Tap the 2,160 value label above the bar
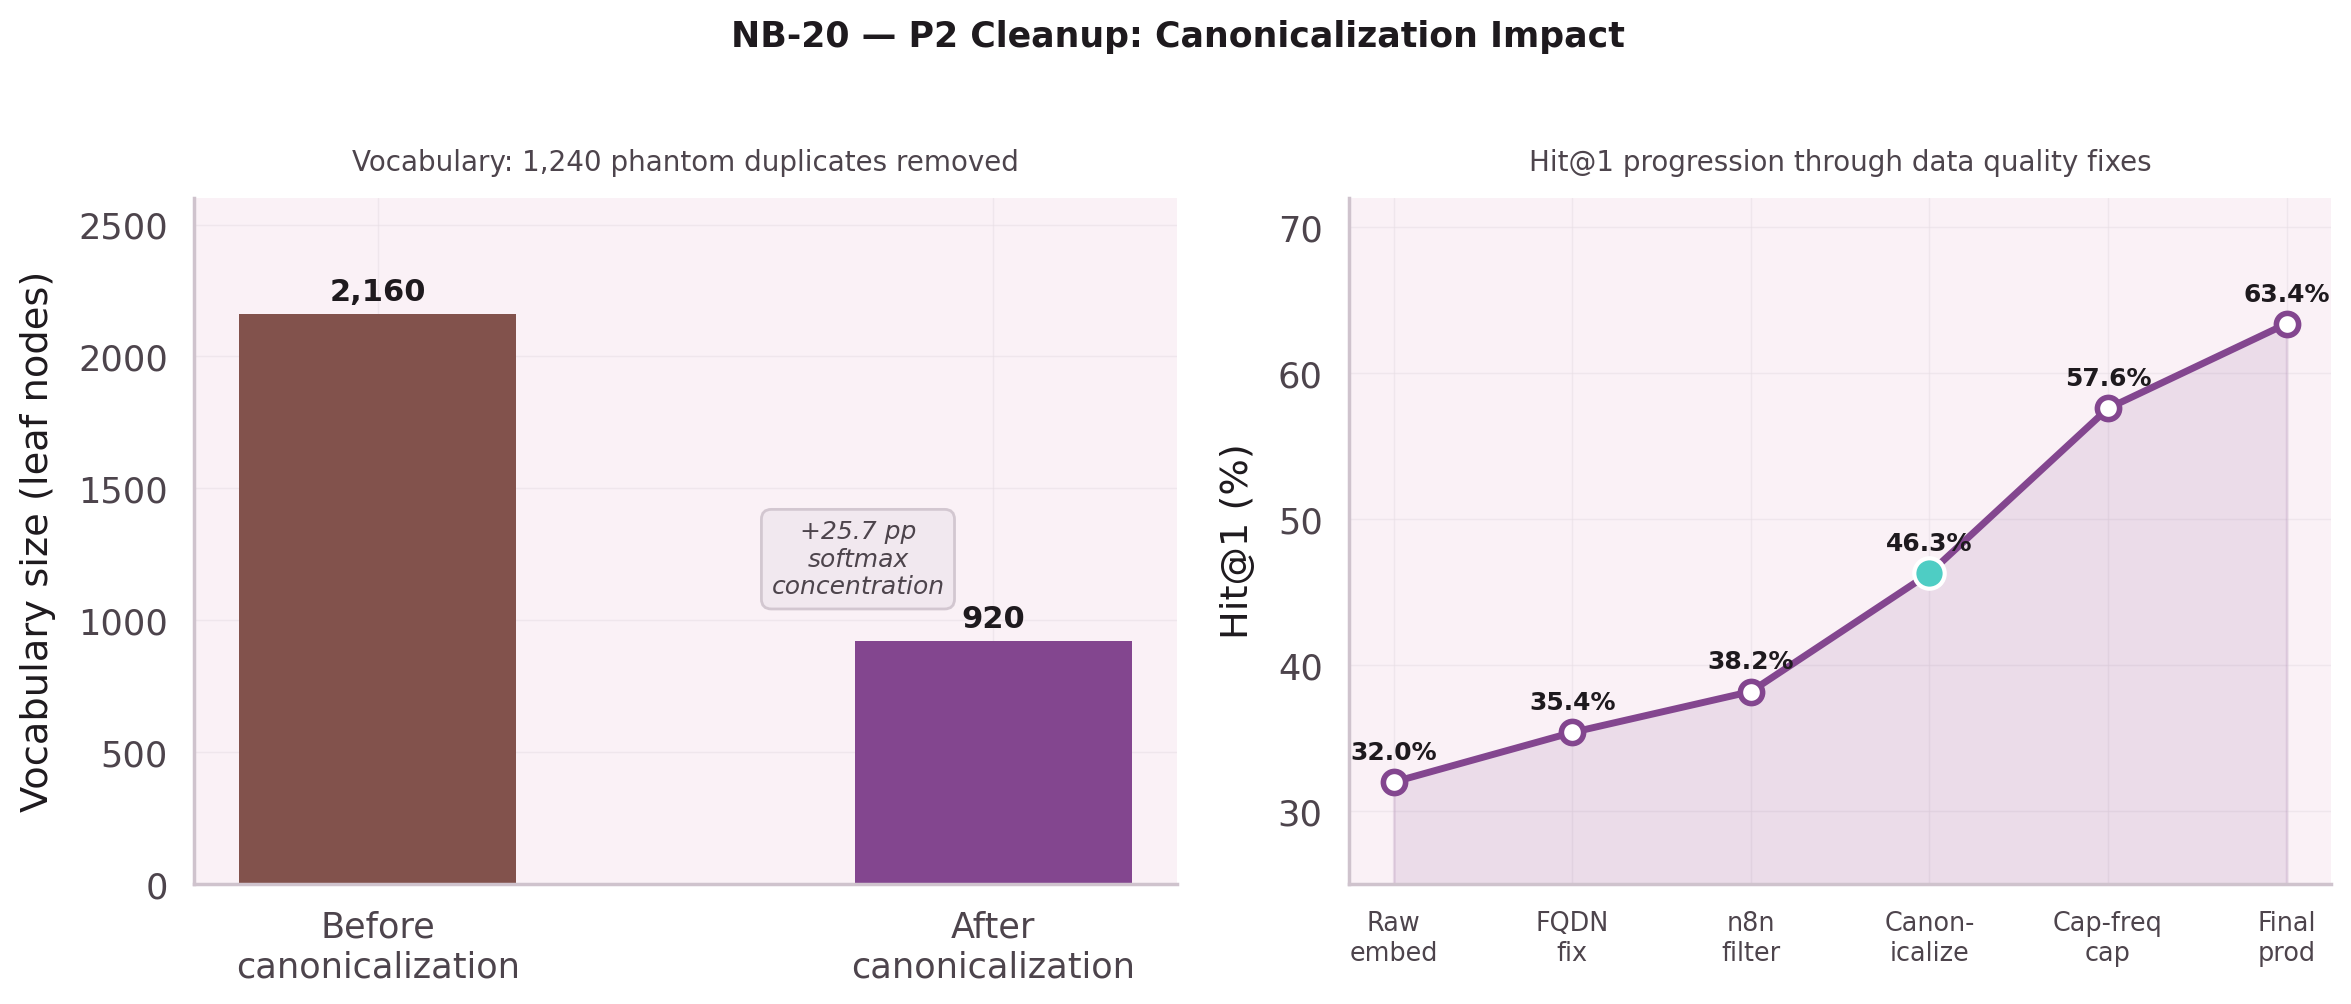(377, 291)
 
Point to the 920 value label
(992, 618)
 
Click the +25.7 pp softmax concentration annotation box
(857, 558)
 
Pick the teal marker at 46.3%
(1928, 574)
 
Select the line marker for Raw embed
(1394, 782)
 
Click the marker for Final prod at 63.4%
(2286, 324)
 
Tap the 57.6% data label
(2107, 378)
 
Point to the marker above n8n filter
(1750, 692)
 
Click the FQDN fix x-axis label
(1571, 937)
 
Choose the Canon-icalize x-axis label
(1928, 937)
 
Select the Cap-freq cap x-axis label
(2106, 937)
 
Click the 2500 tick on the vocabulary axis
(123, 227)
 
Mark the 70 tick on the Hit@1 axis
(1300, 230)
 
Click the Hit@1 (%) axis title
(1236, 541)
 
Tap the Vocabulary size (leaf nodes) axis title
(36, 541)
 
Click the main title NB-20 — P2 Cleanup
(1177, 36)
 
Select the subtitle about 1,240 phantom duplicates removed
(685, 162)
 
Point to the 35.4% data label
(1571, 702)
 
